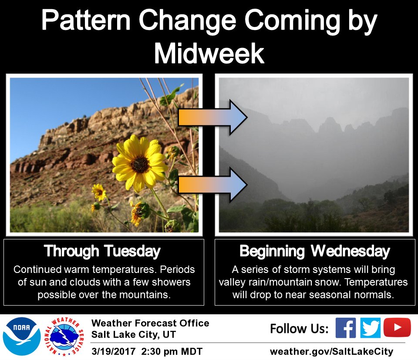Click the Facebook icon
click(x=346, y=328)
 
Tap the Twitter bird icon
click(x=371, y=328)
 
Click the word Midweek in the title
click(x=209, y=54)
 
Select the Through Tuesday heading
click(x=102, y=251)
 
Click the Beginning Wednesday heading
click(x=314, y=251)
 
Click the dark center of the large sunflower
click(x=140, y=164)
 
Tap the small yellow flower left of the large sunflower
click(x=99, y=192)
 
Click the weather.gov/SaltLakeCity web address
click(x=332, y=351)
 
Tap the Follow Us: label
click(x=299, y=329)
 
